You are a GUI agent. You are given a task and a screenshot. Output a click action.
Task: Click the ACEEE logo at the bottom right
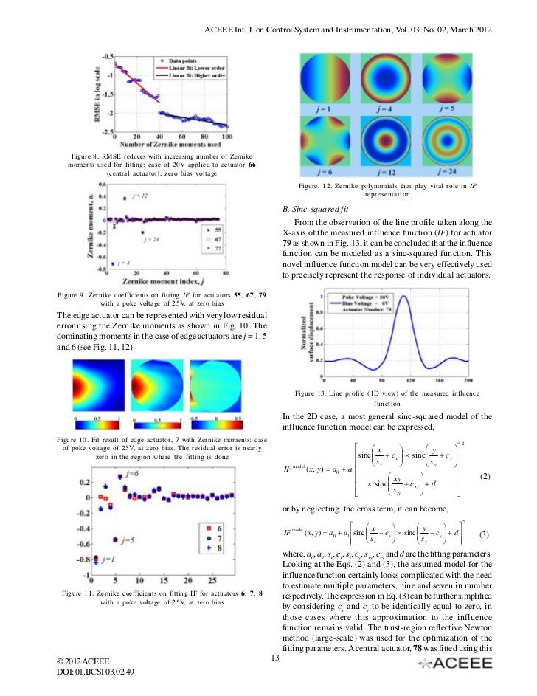click(455, 663)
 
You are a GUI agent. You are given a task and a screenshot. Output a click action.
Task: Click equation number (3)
click(485, 534)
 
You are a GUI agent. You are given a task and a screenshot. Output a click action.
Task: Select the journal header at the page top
click(347, 29)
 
